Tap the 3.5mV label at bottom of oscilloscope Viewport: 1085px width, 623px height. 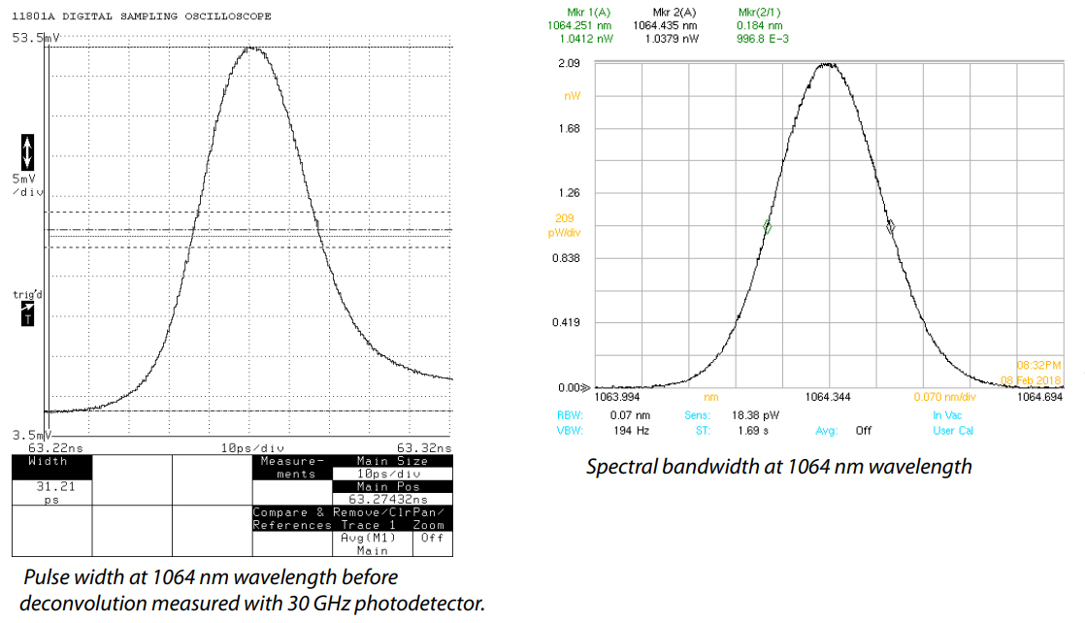pyautogui.click(x=29, y=435)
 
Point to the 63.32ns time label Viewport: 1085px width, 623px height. pyautogui.click(x=427, y=448)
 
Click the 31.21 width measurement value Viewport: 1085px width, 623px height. pyautogui.click(x=49, y=487)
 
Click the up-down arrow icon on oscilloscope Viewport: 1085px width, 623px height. pyautogui.click(x=27, y=151)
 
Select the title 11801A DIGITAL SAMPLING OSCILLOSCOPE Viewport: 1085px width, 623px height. pyautogui.click(x=142, y=16)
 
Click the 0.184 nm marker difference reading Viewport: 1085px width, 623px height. pyautogui.click(x=754, y=25)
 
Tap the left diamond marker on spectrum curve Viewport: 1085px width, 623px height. pyautogui.click(x=767, y=227)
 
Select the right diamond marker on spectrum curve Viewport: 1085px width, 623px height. pyautogui.click(x=891, y=227)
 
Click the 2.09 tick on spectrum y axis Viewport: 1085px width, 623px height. pyautogui.click(x=568, y=63)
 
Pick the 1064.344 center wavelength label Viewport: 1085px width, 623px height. pyautogui.click(x=829, y=397)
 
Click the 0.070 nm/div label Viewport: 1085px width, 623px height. pyautogui.click(x=944, y=397)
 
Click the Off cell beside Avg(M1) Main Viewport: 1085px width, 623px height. pyautogui.click(x=431, y=538)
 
